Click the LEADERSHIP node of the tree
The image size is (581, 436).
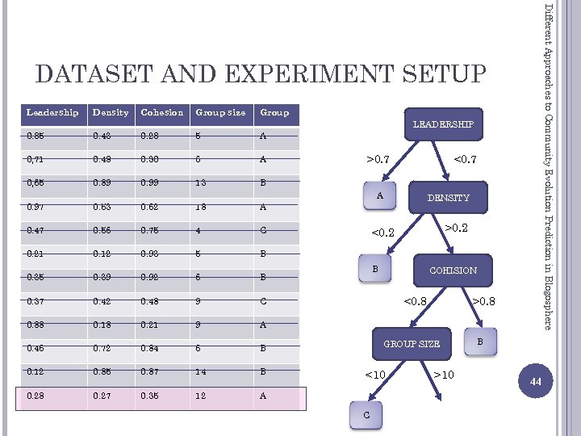tap(443, 124)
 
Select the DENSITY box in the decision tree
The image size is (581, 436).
tap(449, 197)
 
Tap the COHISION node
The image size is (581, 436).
tap(453, 270)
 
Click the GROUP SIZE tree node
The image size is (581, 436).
tap(412, 343)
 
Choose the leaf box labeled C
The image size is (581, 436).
tap(367, 414)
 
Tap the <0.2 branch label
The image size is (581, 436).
tap(382, 233)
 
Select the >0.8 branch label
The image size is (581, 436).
tap(483, 302)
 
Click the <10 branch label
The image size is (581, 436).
tap(374, 374)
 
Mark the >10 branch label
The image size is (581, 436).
tap(443, 374)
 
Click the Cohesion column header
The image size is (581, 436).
tap(162, 112)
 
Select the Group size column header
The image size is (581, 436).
tap(220, 112)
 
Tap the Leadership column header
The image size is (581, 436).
tap(52, 112)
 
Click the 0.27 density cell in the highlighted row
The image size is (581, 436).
tap(102, 396)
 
